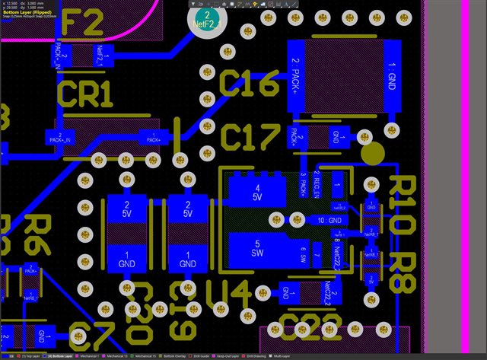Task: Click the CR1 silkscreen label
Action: (x=85, y=94)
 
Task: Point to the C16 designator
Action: (x=250, y=84)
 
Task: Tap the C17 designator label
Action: (x=250, y=138)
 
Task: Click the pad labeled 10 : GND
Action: (x=333, y=220)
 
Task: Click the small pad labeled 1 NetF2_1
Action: (x=104, y=54)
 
